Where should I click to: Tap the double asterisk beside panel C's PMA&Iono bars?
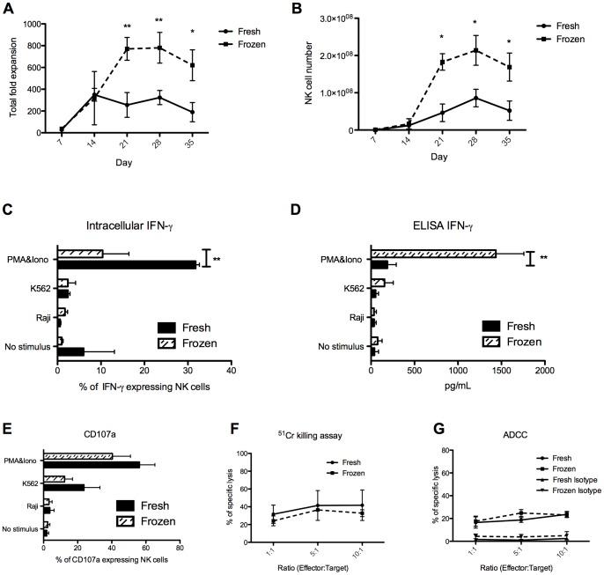[217, 260]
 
